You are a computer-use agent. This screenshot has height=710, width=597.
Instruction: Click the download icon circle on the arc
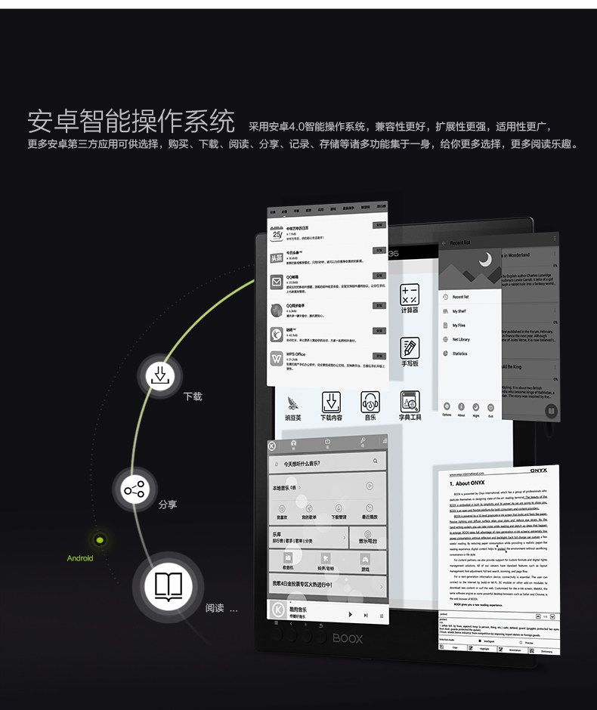[159, 375]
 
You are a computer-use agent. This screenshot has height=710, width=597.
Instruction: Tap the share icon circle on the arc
[135, 491]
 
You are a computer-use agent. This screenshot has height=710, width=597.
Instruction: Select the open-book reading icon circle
[168, 587]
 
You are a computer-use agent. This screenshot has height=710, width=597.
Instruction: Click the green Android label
[80, 558]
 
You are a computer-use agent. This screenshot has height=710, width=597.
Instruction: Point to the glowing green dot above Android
[99, 539]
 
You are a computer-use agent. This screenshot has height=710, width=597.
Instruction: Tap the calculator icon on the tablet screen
[410, 295]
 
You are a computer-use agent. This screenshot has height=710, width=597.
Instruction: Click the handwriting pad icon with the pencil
[410, 348]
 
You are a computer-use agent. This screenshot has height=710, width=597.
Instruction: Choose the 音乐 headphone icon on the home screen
[370, 401]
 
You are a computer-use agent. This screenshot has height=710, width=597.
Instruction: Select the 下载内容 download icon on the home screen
[331, 401]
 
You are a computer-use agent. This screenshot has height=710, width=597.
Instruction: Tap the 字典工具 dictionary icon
[410, 401]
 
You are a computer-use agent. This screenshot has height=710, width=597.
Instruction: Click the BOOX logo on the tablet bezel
[346, 639]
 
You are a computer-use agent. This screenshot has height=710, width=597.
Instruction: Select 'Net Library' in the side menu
[460, 339]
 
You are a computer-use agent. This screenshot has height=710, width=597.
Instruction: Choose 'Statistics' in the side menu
[459, 353]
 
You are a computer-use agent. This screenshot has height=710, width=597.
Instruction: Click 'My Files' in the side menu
[459, 326]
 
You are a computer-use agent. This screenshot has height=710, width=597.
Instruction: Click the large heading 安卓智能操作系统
[131, 122]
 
